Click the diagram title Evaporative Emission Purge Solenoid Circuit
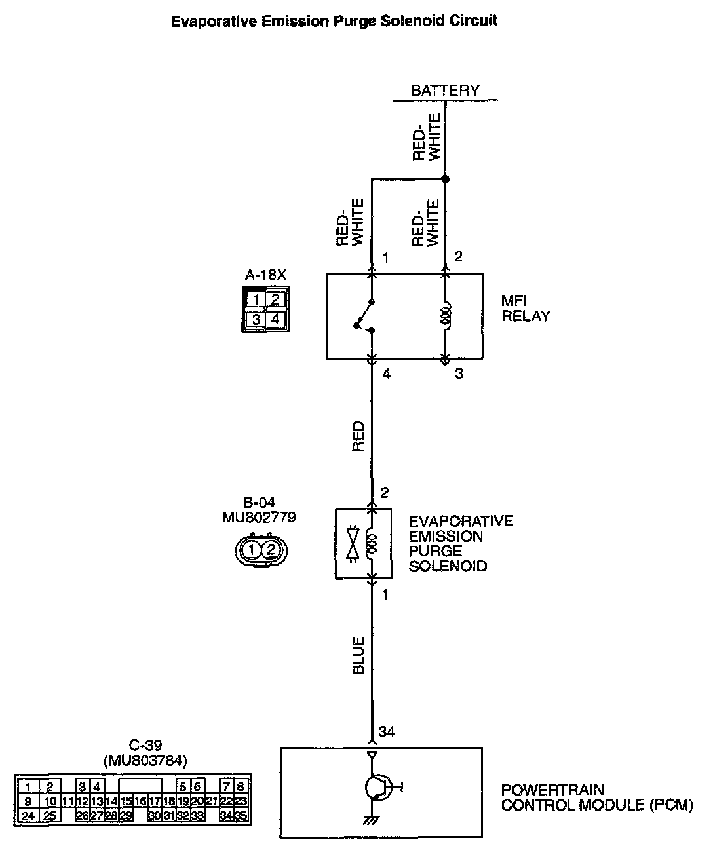334,21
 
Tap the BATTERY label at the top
444,90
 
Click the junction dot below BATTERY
445,179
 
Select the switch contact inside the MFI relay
365,316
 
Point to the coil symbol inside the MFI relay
446,316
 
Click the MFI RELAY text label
525,309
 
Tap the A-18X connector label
265,276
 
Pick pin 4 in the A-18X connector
275,320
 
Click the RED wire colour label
358,436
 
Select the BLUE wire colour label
358,655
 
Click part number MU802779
259,518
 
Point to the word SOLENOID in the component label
448,566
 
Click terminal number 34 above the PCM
387,732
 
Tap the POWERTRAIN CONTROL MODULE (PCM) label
596,797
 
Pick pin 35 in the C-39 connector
241,816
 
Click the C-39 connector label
145,745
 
